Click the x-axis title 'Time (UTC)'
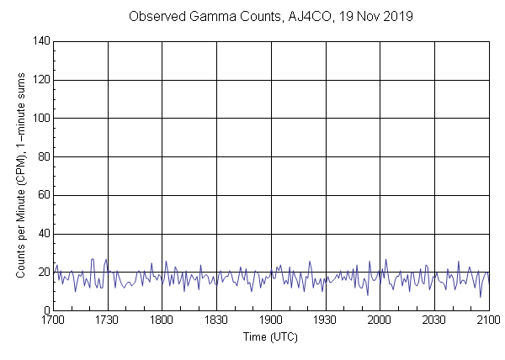(x=270, y=337)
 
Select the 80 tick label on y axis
(x=42, y=156)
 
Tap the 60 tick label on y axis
(x=42, y=195)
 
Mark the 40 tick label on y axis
(x=42, y=234)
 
